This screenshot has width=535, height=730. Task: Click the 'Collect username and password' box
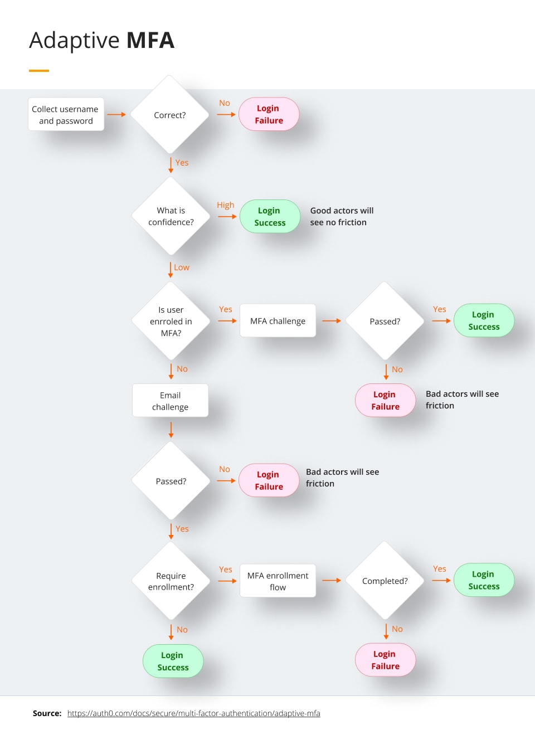click(66, 115)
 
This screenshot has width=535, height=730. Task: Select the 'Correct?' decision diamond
click(170, 115)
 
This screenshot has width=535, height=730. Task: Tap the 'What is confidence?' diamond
click(171, 216)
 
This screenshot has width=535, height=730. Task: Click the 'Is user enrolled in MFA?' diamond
click(171, 322)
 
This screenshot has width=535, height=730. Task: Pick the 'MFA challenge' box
click(278, 321)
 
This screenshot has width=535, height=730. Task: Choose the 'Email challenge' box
click(170, 401)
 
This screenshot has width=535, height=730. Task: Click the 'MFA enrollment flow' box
click(278, 581)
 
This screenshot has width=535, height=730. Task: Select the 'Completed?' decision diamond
click(385, 581)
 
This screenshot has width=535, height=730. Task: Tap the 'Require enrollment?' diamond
click(171, 581)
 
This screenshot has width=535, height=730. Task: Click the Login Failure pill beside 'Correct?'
click(269, 114)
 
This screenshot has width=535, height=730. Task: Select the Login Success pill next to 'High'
click(270, 217)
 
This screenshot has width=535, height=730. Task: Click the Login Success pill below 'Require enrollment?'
click(173, 661)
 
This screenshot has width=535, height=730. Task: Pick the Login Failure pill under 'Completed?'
click(385, 660)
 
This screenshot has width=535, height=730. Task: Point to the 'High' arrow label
click(225, 205)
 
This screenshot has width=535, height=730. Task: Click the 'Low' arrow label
click(182, 267)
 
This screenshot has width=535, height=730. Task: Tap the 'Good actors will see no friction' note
click(341, 216)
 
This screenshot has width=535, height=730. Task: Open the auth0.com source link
click(193, 713)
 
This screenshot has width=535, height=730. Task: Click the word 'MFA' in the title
click(150, 41)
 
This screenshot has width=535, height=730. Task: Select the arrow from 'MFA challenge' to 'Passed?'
click(331, 321)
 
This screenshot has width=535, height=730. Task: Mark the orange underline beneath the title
click(39, 71)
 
